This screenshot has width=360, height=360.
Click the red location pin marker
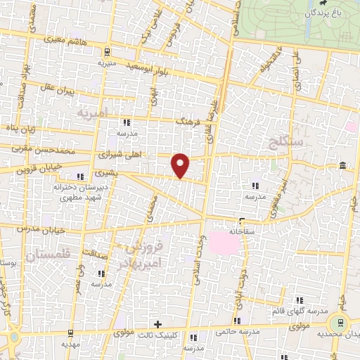click(181, 165)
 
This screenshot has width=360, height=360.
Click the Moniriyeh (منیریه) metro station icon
click(106, 51)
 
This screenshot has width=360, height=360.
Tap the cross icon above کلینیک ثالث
click(157, 324)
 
